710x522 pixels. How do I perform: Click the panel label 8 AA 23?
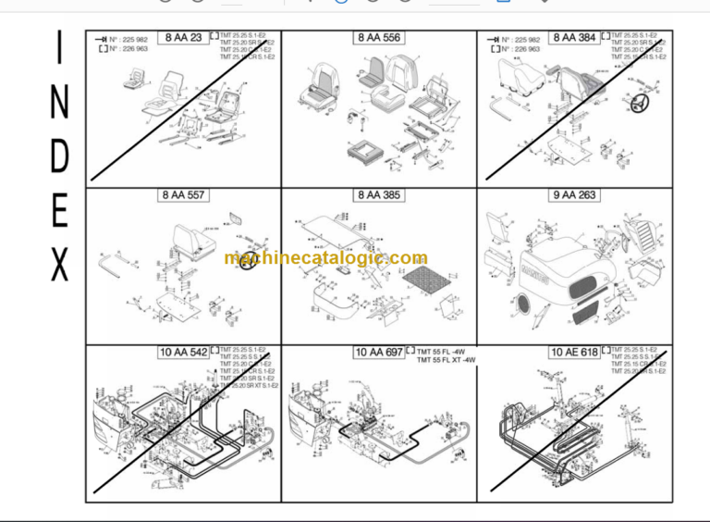184,38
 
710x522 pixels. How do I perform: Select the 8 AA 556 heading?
379,38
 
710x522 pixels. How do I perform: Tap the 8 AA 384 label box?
574,38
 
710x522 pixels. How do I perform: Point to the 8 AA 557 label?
184,195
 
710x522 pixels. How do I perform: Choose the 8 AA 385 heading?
379,195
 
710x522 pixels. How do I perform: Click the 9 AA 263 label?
574,195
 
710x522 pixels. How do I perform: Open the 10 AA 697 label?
378,352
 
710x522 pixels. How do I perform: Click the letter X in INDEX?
59,267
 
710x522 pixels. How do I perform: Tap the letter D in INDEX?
59,157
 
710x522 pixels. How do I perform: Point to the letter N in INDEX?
59,104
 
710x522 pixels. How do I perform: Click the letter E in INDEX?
59,212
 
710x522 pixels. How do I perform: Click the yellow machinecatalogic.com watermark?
325,259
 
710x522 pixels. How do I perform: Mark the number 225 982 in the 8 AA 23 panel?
129,39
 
